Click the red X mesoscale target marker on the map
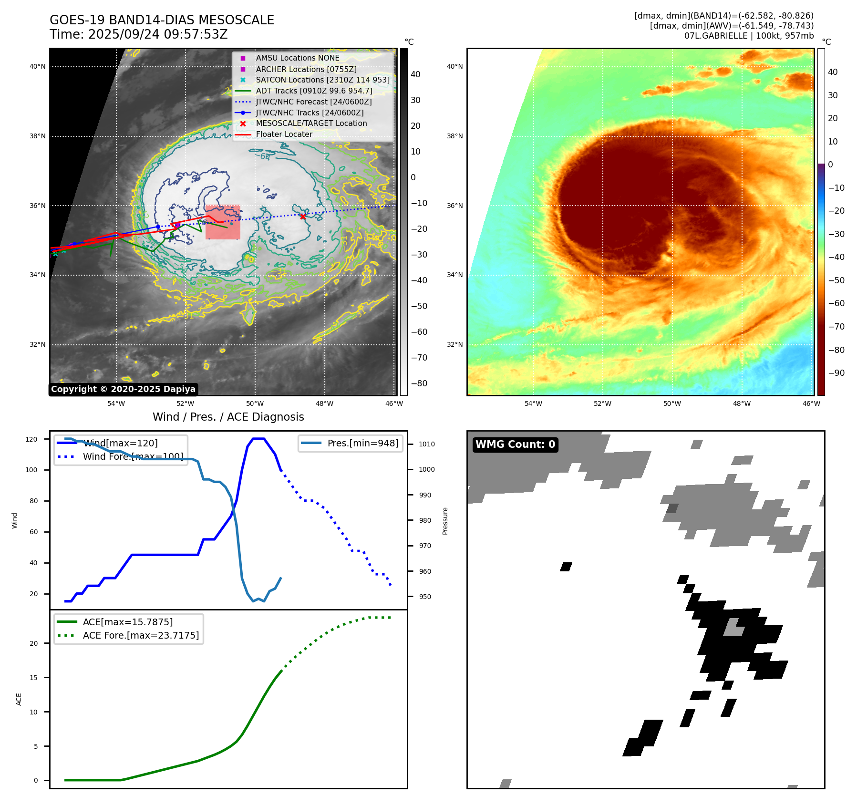[x=303, y=217]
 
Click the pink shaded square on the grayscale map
[x=223, y=222]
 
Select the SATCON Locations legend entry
[x=322, y=80]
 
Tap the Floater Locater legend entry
[x=284, y=134]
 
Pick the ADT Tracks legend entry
[x=314, y=91]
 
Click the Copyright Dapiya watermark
[x=123, y=389]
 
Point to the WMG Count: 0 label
[x=515, y=444]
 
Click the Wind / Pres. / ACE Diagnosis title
[x=228, y=417]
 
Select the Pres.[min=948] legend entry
[x=362, y=443]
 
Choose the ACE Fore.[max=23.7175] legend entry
[x=141, y=635]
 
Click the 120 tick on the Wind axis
[x=31, y=439]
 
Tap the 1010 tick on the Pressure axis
[x=427, y=444]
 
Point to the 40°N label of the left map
[x=38, y=67]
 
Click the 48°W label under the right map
[x=742, y=403]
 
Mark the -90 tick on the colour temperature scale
[x=836, y=373]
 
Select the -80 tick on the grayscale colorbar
[x=419, y=383]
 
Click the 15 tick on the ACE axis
[x=34, y=678]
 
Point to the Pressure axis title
[x=445, y=521]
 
